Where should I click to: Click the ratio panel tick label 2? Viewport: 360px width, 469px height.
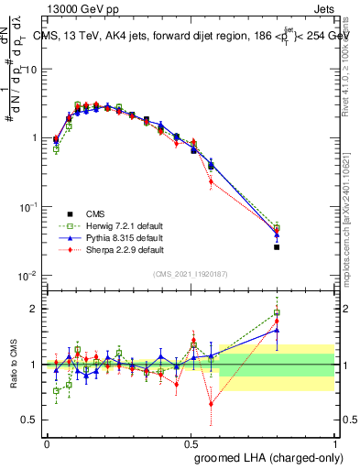pos(36,309)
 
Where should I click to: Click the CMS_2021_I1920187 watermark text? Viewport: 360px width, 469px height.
pos(191,274)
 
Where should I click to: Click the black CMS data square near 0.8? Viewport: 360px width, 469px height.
pos(277,246)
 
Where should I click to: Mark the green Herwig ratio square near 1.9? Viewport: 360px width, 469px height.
pos(277,312)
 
